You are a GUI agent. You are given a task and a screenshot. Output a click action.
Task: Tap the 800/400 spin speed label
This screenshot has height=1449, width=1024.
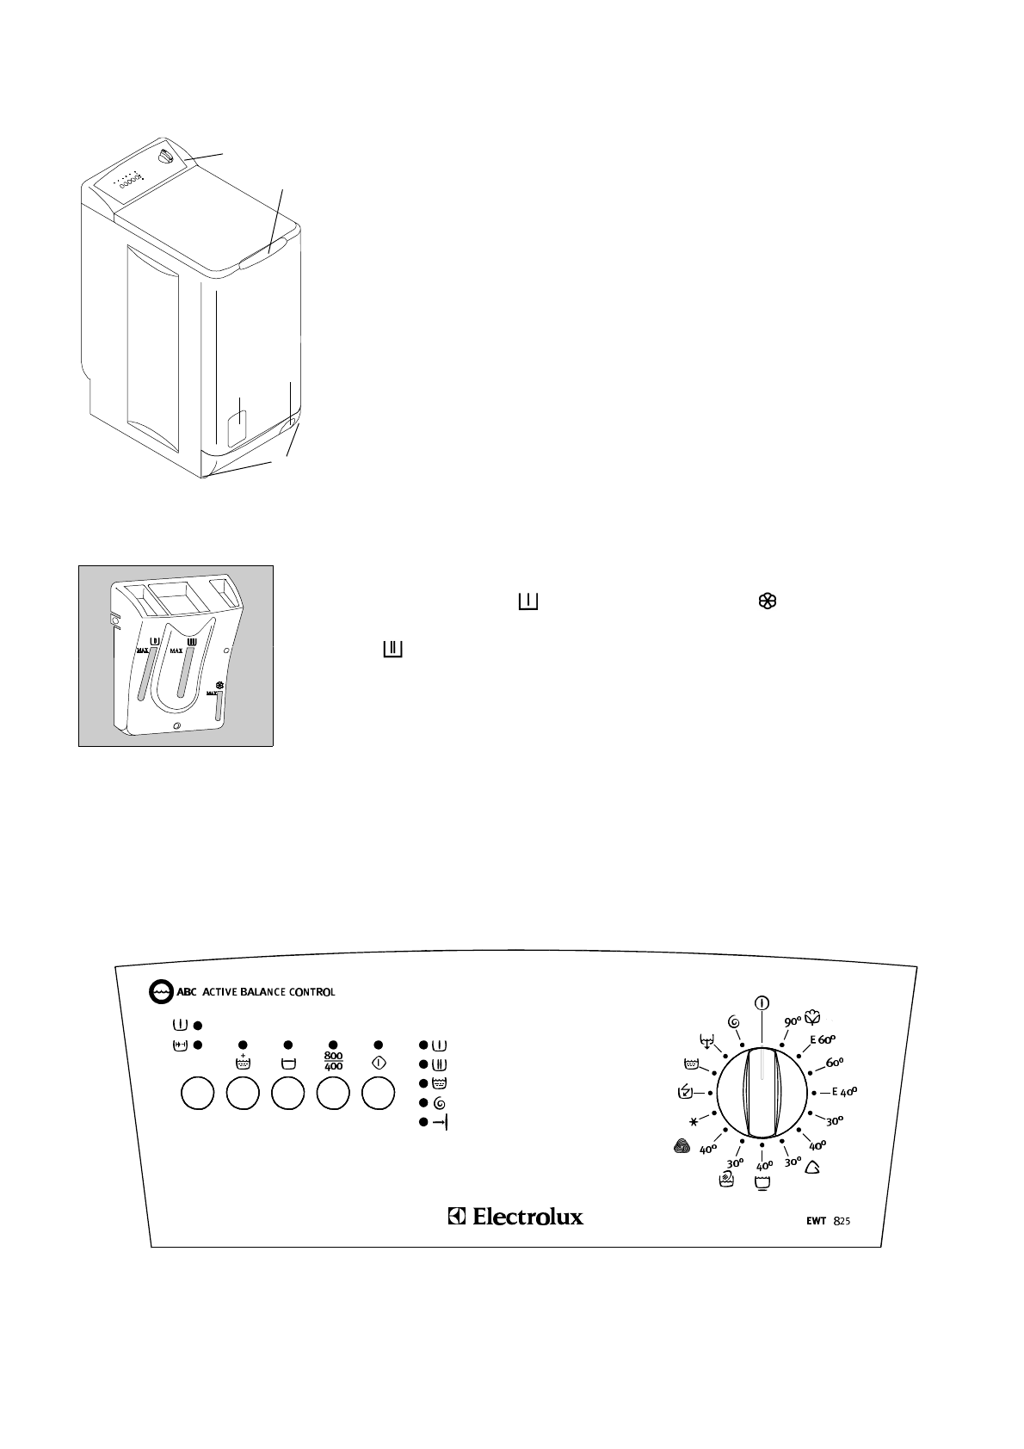pyautogui.click(x=333, y=1060)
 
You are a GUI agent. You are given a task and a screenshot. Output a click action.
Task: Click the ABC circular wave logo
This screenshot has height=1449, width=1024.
pyautogui.click(x=159, y=991)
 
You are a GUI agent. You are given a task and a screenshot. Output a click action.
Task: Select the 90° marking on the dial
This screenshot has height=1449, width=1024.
pyautogui.click(x=793, y=1020)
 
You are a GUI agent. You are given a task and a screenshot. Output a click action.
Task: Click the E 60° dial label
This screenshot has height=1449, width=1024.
pyautogui.click(x=822, y=1039)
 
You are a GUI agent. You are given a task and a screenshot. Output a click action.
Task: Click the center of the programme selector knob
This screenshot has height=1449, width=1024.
pyautogui.click(x=762, y=1092)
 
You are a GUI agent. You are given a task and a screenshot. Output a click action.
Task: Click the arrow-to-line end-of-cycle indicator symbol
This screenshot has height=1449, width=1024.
pyautogui.click(x=441, y=1122)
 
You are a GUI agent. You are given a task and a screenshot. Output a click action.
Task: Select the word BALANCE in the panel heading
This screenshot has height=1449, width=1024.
pyautogui.click(x=268, y=991)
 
